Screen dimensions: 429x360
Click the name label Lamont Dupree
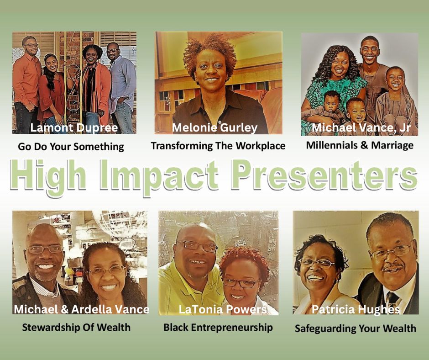point(74,127)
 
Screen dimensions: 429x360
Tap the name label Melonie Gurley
point(215,128)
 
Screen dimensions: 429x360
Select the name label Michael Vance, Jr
point(361,127)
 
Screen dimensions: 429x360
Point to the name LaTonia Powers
point(223,309)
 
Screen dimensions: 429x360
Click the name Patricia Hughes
point(356,310)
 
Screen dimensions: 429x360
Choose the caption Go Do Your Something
point(71,147)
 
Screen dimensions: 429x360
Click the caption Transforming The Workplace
point(218,146)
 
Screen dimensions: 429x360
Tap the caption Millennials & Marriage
point(360,145)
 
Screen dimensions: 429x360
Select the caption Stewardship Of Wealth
point(76,327)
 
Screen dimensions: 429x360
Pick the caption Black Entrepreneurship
point(218,328)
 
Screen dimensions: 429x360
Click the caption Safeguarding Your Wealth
point(356,328)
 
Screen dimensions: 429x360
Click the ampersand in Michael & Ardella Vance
point(64,310)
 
